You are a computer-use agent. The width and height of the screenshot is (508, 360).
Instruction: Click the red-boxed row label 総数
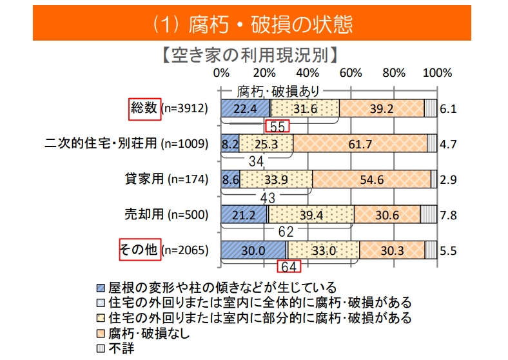tap(144, 108)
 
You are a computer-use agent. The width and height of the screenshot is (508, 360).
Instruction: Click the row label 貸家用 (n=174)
tap(166, 179)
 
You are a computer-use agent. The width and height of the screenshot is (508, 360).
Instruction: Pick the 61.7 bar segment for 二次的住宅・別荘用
tap(359, 144)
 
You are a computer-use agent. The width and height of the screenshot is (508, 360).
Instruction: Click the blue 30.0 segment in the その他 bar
tap(253, 250)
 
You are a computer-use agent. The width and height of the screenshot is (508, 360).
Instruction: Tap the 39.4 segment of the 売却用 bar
tap(311, 215)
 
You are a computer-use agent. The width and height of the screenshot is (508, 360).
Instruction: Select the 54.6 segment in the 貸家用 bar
tap(371, 179)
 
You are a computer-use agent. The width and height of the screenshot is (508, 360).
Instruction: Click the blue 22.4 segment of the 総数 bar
tap(245, 108)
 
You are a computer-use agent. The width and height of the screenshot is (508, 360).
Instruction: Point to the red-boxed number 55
tap(278, 126)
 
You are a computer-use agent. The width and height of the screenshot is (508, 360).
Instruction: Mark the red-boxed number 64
tap(287, 266)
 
